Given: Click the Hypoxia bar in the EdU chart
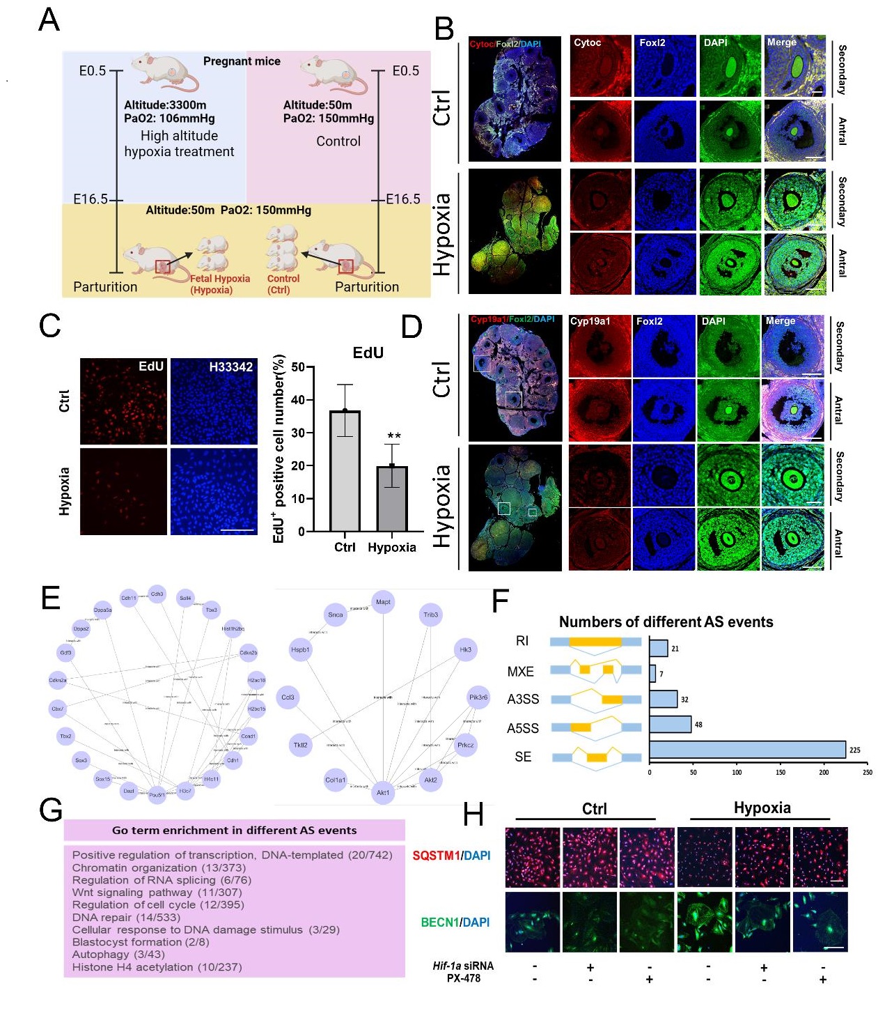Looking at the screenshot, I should coord(392,499).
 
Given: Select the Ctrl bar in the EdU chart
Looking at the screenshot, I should coord(345,471).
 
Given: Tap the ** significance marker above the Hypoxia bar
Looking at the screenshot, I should coord(394,437).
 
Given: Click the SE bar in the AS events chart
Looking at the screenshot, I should coord(747,750).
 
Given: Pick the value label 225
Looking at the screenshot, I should coord(855,750).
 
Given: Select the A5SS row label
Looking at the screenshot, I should coord(523,728).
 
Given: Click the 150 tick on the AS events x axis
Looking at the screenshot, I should coord(781,772).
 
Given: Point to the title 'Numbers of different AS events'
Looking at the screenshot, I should coord(666,622).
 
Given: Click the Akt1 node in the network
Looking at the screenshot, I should coord(383,792).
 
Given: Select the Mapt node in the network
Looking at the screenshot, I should coord(383,602).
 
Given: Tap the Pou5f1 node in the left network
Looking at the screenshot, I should coord(157,794).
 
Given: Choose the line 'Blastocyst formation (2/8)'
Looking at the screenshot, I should coord(141,942).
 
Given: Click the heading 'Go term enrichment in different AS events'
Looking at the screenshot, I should coord(234,831).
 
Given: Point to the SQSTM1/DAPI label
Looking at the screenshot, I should coord(451,856).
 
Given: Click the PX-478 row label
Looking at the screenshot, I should coord(464,978).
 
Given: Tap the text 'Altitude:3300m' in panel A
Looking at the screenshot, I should coord(165,105).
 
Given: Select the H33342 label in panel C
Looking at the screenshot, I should coord(230,367).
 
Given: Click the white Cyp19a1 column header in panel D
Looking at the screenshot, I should coord(590,321).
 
